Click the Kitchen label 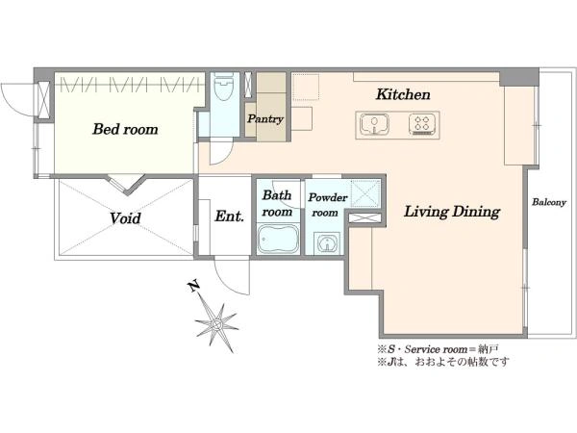403,94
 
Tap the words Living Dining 452,212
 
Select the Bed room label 125,129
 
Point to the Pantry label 265,119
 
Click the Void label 125,218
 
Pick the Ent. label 229,216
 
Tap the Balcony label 549,202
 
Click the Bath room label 277,203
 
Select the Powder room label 328,205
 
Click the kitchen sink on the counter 374,124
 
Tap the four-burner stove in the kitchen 422,124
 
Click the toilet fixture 224,87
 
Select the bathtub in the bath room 278,239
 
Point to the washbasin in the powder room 326,243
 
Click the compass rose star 216,324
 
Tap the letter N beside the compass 193,286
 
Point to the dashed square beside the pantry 306,87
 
